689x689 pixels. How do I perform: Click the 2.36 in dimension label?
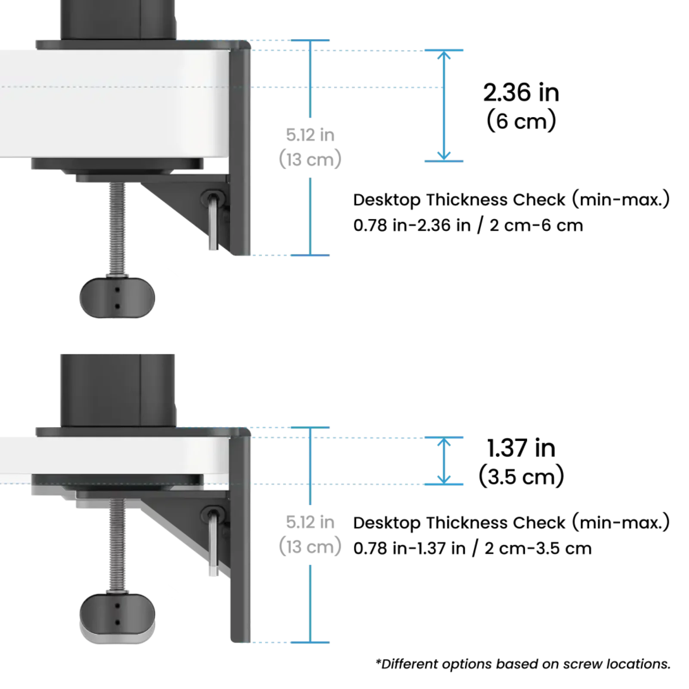[521, 93]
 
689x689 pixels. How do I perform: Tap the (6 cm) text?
[521, 121]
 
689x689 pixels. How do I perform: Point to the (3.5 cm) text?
[521, 476]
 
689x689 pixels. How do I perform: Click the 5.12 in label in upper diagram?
[310, 135]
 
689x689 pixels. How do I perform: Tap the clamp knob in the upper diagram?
[117, 298]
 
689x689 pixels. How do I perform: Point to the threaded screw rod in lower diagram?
[117, 545]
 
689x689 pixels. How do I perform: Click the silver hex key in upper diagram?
[213, 222]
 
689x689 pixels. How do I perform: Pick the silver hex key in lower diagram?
[213, 543]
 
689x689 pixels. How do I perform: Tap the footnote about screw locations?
[523, 664]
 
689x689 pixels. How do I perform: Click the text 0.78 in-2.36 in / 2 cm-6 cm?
[468, 225]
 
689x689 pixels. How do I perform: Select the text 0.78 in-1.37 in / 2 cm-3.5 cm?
[472, 548]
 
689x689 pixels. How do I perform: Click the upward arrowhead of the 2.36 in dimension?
[444, 55]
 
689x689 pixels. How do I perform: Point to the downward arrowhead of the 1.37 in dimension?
[444, 479]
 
